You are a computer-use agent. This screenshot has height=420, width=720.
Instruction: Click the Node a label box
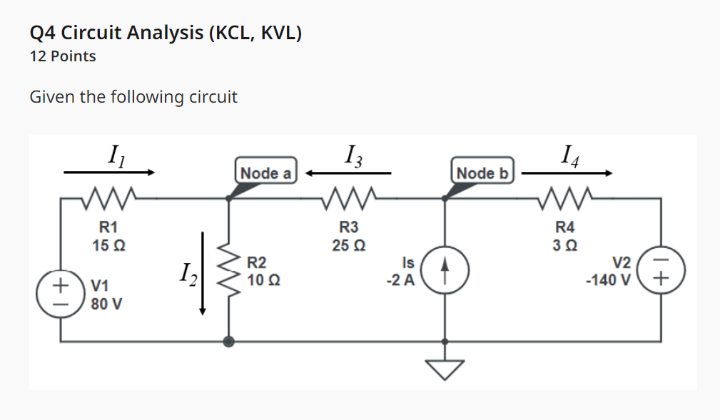click(266, 173)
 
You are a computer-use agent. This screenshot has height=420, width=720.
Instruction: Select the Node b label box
click(482, 173)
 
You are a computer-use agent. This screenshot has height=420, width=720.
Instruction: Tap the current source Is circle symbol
click(445, 272)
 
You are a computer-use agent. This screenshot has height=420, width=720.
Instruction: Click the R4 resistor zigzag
click(564, 196)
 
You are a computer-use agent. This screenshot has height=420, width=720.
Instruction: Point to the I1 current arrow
click(108, 173)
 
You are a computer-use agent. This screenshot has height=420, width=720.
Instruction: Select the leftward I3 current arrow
click(349, 173)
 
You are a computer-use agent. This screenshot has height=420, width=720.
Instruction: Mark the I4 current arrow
click(567, 173)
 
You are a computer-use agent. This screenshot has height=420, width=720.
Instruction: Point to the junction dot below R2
click(229, 342)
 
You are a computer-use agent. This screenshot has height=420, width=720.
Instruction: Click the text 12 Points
click(63, 56)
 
